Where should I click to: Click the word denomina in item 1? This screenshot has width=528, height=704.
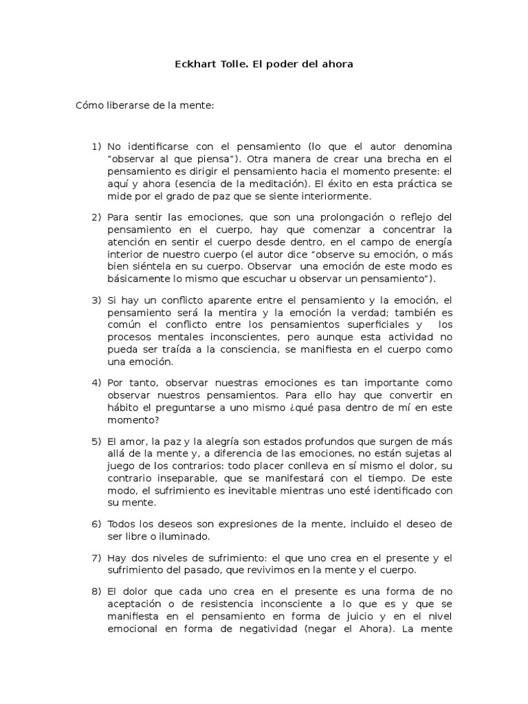pos(428,147)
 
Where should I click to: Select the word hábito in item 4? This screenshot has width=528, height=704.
pos(122,407)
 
